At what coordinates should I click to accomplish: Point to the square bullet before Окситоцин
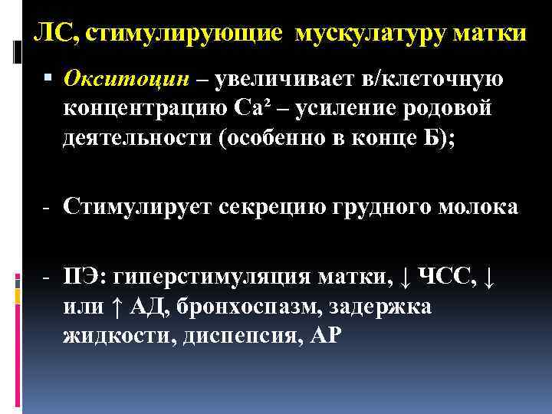pyautogui.click(x=50, y=78)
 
